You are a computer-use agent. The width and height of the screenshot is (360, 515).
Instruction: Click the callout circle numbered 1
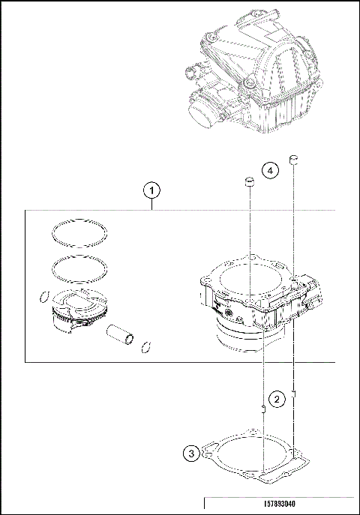click(x=152, y=190)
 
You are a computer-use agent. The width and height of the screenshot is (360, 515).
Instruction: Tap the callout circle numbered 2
click(x=277, y=399)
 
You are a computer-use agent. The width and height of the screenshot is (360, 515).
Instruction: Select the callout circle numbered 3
click(x=192, y=453)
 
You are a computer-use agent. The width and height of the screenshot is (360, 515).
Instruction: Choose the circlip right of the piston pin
click(x=147, y=346)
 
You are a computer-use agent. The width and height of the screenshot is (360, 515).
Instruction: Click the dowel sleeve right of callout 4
click(x=295, y=159)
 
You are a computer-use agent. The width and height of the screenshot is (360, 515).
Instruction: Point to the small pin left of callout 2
click(x=263, y=409)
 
